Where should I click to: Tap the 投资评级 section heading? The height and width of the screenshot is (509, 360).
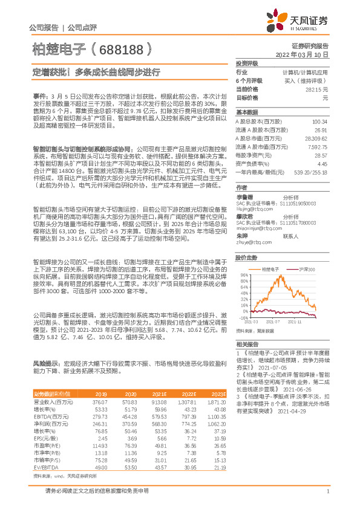pos(247,62)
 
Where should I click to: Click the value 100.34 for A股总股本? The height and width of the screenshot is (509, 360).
pos(319,122)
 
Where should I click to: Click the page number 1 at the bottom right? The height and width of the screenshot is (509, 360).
pos(327,497)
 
